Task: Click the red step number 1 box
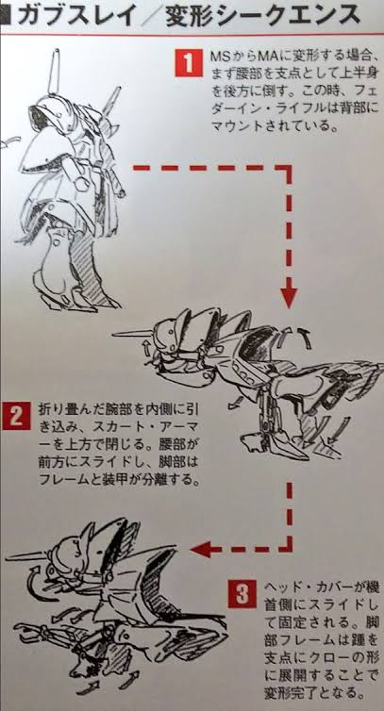point(189,63)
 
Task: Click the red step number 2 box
point(16,416)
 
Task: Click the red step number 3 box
point(242,594)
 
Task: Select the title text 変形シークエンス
point(263,16)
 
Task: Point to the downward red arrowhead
point(289,299)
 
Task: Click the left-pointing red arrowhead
point(200,550)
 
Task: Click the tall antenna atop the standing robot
point(54,72)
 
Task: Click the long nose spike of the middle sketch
point(134,333)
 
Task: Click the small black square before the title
point(7,17)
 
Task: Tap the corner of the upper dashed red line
point(289,168)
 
